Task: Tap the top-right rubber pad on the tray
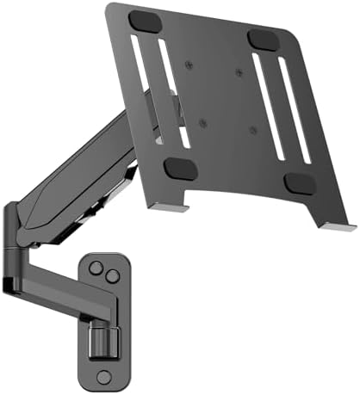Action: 260,40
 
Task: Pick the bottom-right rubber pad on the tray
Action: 297,183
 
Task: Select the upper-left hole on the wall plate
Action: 96,265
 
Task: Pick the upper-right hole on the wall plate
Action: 112,274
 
